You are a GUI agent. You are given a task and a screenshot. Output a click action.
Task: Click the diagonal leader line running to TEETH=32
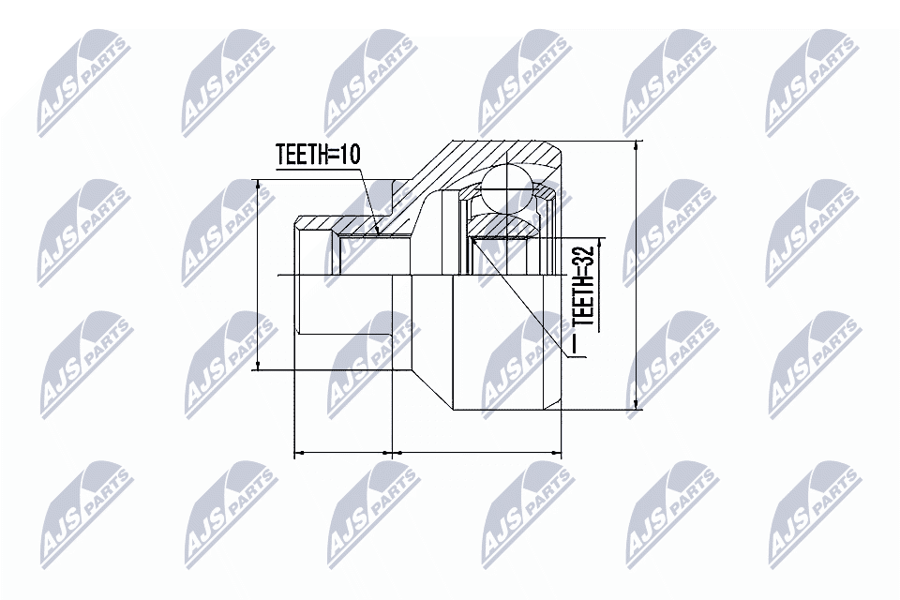click(525, 300)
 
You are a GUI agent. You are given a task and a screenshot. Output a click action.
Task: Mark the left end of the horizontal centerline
click(282, 275)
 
